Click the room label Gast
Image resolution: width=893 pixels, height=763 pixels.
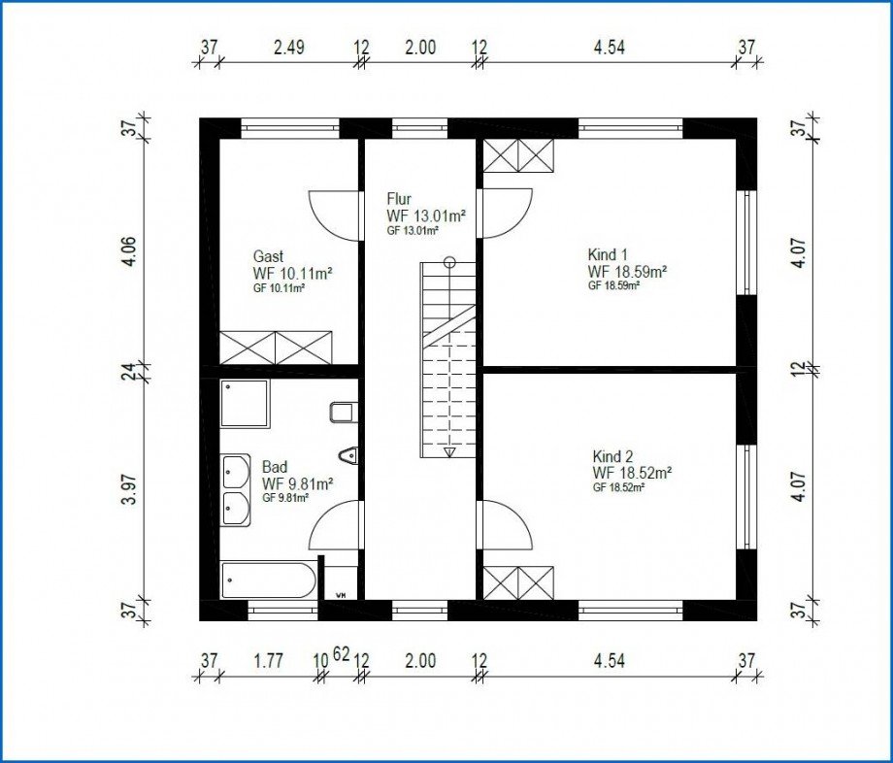[268, 256]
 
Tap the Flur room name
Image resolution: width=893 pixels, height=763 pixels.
[399, 199]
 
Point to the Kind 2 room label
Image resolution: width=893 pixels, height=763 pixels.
[612, 456]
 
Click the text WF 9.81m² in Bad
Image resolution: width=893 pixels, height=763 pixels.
[297, 484]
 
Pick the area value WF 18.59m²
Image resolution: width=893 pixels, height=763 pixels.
[628, 271]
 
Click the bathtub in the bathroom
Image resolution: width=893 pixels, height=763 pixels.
[268, 581]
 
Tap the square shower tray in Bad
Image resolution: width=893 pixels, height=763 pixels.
[245, 403]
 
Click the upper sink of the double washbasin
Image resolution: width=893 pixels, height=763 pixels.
[236, 472]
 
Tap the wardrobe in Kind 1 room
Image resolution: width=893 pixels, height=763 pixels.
[518, 155]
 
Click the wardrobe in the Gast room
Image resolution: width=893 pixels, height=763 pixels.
[276, 348]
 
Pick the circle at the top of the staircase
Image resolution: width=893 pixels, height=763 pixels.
[450, 262]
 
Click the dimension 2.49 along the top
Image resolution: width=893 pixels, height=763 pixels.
[288, 47]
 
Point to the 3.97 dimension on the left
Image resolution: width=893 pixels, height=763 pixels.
[131, 488]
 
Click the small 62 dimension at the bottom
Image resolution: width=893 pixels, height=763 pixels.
[341, 654]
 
